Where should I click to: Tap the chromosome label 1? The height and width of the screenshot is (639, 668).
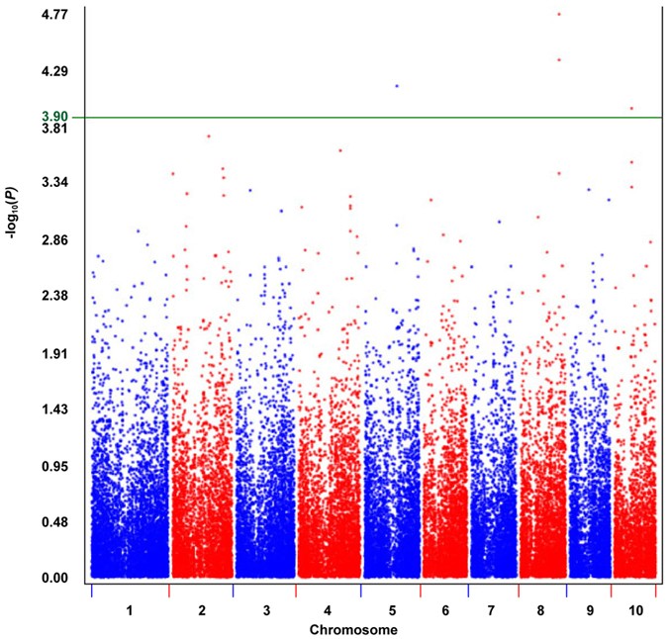(x=130, y=610)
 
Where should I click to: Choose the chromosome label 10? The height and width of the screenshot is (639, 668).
(x=633, y=610)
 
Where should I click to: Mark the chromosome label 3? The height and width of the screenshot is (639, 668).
(x=264, y=610)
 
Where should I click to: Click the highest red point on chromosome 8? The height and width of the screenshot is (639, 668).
(x=559, y=14)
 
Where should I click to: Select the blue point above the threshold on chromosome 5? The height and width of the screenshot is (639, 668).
(x=397, y=86)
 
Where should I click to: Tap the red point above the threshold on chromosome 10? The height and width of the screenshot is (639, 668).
(x=631, y=109)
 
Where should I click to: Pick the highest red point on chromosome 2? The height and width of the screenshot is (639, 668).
(x=208, y=136)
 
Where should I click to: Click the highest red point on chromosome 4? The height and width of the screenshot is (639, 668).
(x=340, y=150)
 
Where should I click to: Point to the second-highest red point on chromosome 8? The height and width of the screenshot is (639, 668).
(x=559, y=59)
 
